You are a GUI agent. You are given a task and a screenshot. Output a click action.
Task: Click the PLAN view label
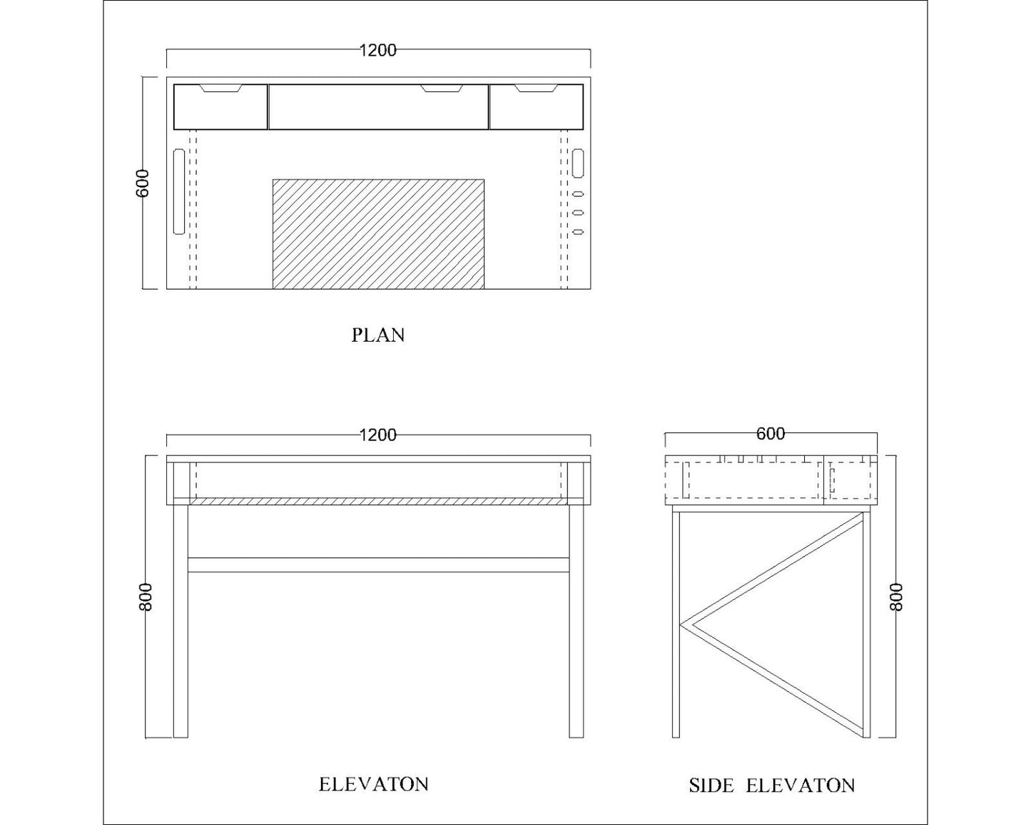coord(378,335)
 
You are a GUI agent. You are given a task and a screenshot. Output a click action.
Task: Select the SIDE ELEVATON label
coord(771,786)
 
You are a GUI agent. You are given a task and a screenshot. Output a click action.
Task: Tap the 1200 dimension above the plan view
coord(377,50)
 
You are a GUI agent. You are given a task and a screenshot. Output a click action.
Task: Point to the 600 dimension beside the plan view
coord(142,183)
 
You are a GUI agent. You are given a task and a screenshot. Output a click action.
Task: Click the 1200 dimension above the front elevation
coord(377,435)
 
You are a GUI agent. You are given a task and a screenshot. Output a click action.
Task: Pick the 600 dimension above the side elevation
coord(771,433)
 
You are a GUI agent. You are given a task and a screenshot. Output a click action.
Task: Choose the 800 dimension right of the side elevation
coord(897,597)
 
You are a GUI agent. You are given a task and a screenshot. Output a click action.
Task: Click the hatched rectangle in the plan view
coord(378,234)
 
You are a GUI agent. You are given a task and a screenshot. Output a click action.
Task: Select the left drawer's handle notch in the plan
coord(222,88)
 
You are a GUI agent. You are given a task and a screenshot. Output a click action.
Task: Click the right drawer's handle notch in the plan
coord(536,88)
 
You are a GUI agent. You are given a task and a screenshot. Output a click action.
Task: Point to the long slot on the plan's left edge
coord(178,191)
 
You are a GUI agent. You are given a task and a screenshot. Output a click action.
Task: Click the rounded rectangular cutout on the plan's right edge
coord(578,163)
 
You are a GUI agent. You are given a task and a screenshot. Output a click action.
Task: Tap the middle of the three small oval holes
coord(578,213)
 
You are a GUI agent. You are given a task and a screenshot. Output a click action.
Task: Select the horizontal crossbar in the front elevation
coord(378,565)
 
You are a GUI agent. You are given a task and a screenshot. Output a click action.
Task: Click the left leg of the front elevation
coord(181,621)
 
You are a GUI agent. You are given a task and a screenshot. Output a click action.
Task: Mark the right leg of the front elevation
coord(576,621)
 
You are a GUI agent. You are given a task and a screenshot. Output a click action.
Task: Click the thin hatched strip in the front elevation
coord(378,502)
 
